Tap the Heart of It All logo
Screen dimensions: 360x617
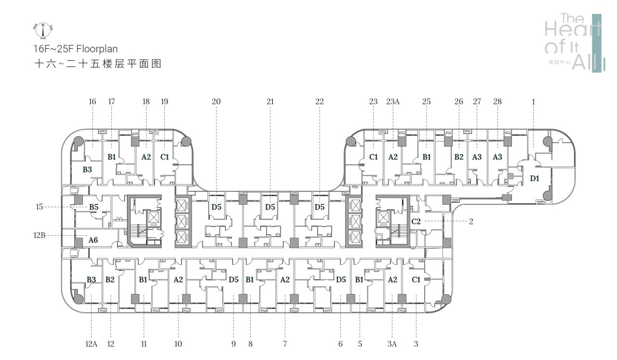pos(573,43)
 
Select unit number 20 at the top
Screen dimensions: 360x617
pos(216,102)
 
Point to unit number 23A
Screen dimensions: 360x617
pos(393,102)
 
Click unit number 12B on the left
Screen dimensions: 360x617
pos(40,236)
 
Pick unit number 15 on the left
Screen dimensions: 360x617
pos(40,207)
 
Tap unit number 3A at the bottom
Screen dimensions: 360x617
pos(391,344)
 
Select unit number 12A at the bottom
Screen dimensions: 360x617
pos(91,344)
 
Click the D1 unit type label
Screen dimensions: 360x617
pos(535,178)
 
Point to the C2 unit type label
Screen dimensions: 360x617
pos(416,221)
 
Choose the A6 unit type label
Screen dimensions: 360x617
pos(93,240)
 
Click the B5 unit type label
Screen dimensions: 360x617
pos(94,207)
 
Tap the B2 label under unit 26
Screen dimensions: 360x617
pos(458,157)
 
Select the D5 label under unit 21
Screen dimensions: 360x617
pos(270,207)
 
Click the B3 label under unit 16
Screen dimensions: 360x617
pos(87,169)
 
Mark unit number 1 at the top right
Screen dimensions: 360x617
pos(533,102)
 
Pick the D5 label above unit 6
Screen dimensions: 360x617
pos(341,279)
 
